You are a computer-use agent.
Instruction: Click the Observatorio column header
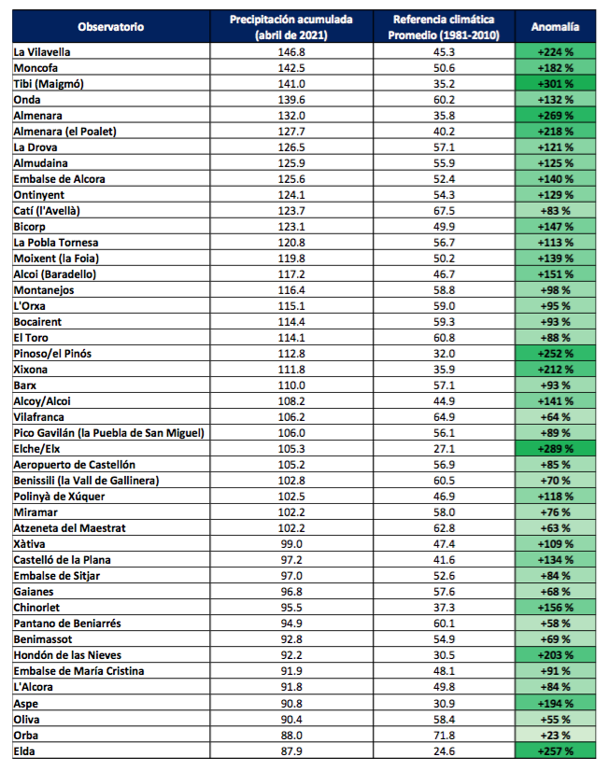coord(110,27)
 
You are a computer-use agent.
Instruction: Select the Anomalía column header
coord(555,27)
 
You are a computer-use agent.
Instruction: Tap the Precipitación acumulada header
coord(291,27)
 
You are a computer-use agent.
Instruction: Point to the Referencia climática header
coord(444,27)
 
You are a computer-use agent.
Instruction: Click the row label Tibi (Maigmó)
coord(49,84)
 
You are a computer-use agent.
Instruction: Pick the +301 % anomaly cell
coord(556,84)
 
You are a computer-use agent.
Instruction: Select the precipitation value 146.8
coord(291,52)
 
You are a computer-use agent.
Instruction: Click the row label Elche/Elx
coord(36,449)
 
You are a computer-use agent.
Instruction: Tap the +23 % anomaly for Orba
coord(556,736)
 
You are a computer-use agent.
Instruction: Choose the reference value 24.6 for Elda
coord(445,751)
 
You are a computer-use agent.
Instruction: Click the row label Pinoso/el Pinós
coord(52,354)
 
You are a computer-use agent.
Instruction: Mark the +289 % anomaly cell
coord(556,448)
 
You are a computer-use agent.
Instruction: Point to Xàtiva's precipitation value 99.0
coord(291,544)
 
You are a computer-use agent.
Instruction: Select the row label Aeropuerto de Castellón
coord(75,465)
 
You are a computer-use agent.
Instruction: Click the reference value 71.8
coord(445,736)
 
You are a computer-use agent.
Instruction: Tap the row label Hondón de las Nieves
coord(67,655)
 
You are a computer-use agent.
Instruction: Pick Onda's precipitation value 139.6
coord(291,100)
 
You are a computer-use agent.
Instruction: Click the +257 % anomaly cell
coord(556,751)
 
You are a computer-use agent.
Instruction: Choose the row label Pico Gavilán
coord(108,433)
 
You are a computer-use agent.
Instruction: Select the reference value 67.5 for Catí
coord(445,211)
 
